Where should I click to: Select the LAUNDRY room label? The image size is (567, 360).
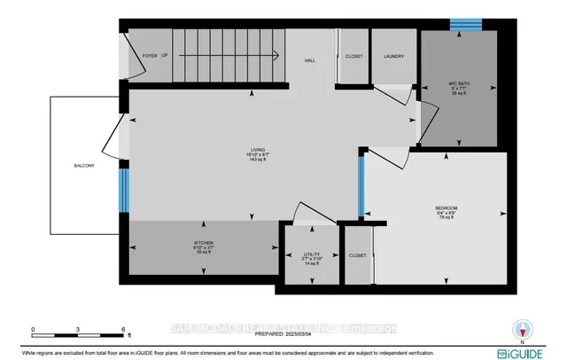pyautogui.click(x=393, y=55)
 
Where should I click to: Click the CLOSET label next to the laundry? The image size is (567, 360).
pyautogui.click(x=353, y=55)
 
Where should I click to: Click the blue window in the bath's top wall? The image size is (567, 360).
pyautogui.click(x=462, y=25)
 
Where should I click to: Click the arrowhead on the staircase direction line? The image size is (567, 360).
pyautogui.click(x=277, y=55)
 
